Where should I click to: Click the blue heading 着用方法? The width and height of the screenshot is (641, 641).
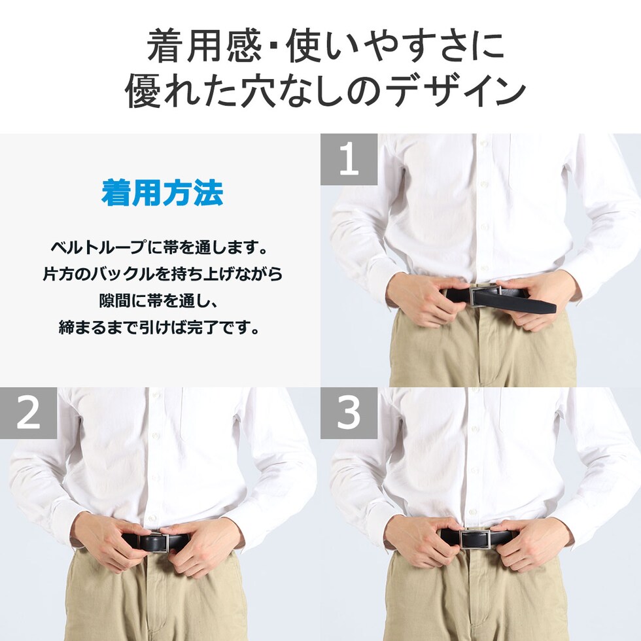pyautogui.click(x=162, y=192)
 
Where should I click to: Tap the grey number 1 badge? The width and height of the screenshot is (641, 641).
pyautogui.click(x=349, y=160)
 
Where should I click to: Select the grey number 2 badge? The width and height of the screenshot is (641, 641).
pyautogui.click(x=28, y=413)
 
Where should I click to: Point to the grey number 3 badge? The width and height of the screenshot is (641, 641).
pyautogui.click(x=349, y=413)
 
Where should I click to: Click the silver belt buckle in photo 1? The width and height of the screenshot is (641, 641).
pyautogui.click(x=485, y=295)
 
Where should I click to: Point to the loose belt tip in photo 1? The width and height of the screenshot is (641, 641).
pyautogui.click(x=548, y=307)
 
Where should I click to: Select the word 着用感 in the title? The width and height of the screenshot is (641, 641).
pyautogui.click(x=204, y=46)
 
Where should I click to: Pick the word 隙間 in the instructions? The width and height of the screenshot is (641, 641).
pyautogui.click(x=115, y=301)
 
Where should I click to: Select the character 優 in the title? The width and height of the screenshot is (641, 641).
pyautogui.click(x=143, y=92)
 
